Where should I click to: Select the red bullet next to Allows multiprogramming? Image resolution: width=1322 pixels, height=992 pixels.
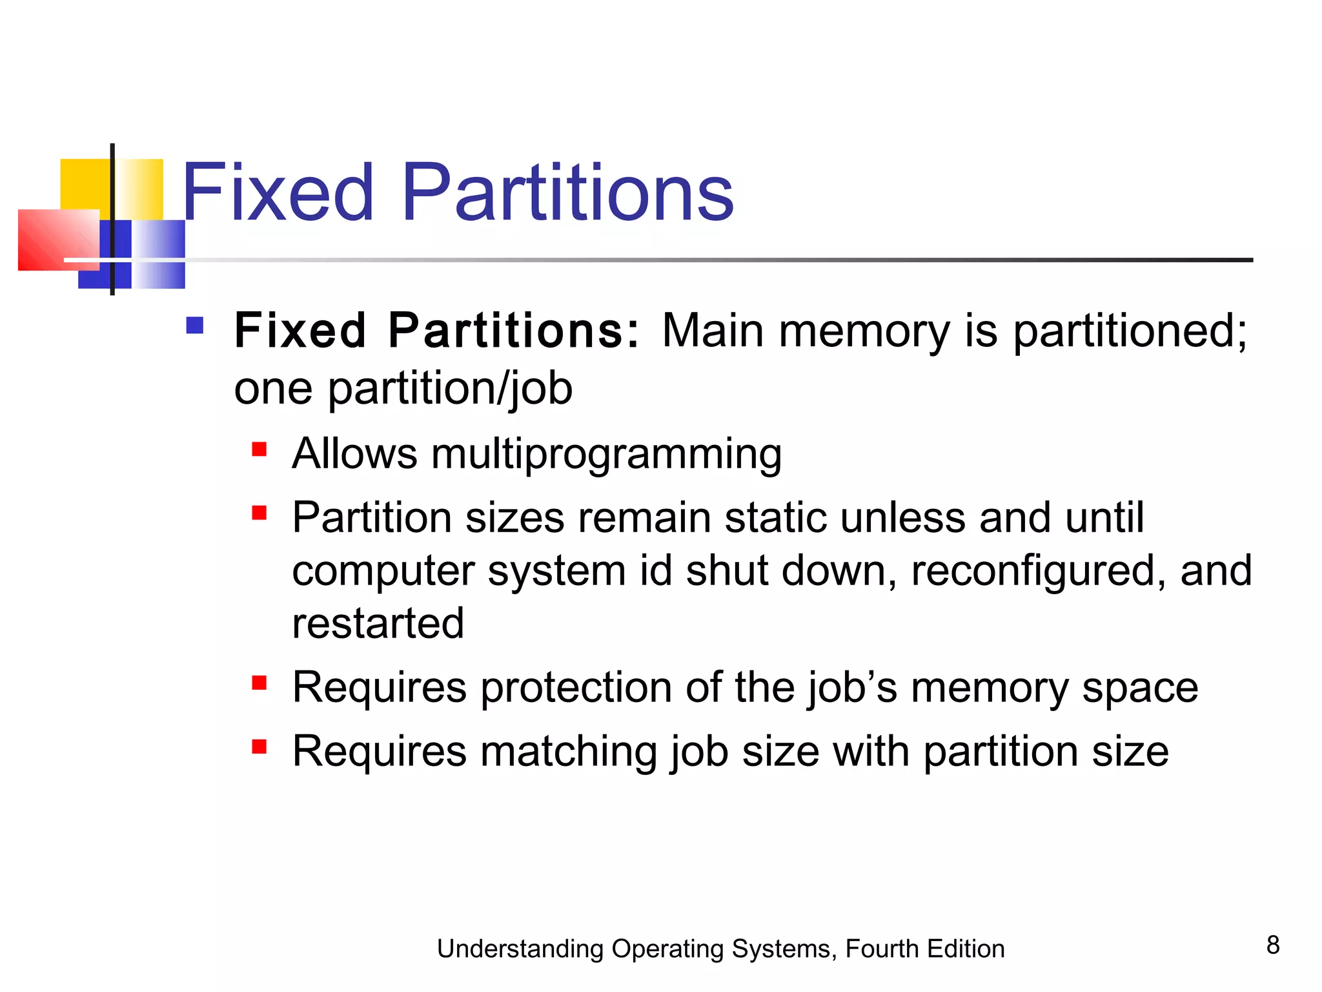[259, 449]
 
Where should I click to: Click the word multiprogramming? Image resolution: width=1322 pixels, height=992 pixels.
[606, 454]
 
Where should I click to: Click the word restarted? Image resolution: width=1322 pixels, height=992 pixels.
[378, 623]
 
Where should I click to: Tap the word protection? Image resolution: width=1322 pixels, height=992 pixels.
[576, 687]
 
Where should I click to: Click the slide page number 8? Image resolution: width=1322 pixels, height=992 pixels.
[1272, 945]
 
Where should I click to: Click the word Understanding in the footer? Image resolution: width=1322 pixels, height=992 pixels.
[520, 949]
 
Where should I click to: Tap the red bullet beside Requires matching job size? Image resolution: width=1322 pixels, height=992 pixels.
[259, 747]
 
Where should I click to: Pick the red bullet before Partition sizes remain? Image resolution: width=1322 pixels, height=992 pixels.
[259, 513]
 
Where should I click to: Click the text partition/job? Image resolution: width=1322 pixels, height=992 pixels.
[450, 389]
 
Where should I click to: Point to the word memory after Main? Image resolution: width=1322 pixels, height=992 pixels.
[864, 331]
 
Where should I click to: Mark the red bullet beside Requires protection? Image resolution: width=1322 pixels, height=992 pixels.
[259, 683]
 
